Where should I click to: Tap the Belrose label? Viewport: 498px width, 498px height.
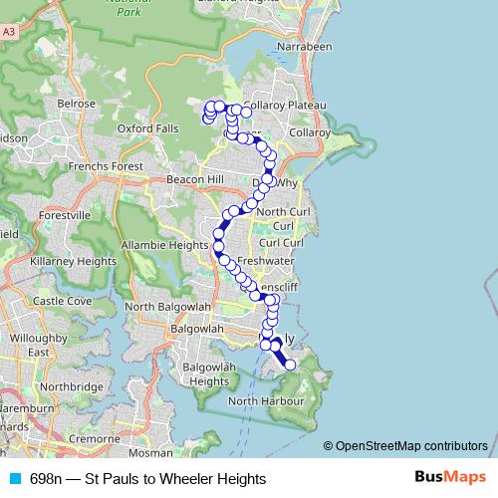pyautogui.click(x=76, y=103)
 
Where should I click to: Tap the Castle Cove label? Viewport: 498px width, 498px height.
pyautogui.click(x=63, y=301)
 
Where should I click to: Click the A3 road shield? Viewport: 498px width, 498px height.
pyautogui.click(x=9, y=33)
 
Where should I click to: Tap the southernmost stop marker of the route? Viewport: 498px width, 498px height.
pyautogui.click(x=291, y=366)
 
